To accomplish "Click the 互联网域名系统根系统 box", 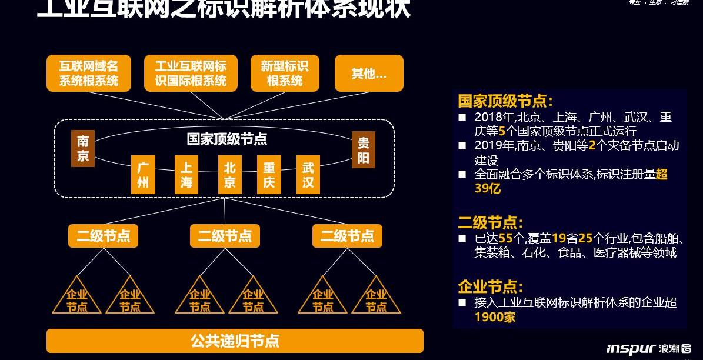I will click(88, 74).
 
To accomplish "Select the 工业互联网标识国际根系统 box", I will click(191, 74).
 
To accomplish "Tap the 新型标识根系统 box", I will click(284, 74).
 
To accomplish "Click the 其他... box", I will click(369, 74).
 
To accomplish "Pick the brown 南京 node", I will click(83, 149).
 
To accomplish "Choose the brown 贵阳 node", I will click(364, 149).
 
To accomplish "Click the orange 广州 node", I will click(143, 175).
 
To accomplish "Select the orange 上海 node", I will click(186, 175).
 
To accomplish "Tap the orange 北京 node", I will click(229, 175).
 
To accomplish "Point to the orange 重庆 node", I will click(269, 175).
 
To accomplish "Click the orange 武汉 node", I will click(308, 175).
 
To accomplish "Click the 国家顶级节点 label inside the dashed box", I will click(226, 139).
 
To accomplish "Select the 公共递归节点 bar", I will click(235, 341).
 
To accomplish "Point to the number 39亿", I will click(487, 188).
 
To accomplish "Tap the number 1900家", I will click(495, 316).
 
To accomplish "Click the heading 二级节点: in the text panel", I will click(490, 222).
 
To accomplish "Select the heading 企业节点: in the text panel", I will click(490, 287).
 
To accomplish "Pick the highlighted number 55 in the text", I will click(505, 238).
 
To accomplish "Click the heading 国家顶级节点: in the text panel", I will click(505, 101).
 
